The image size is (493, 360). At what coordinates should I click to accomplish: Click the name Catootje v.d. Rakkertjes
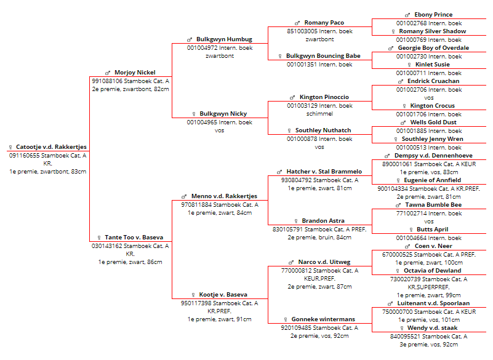click(51, 147)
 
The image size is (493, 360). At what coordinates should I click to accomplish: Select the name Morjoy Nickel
click(135, 73)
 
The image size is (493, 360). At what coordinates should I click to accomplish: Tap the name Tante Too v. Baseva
click(134, 238)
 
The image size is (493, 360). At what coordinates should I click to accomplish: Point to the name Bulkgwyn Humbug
click(224, 39)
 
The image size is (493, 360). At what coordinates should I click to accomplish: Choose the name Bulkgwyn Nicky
click(223, 114)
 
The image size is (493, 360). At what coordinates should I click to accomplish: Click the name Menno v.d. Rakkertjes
click(224, 196)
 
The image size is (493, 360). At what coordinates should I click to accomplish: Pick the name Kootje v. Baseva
click(223, 295)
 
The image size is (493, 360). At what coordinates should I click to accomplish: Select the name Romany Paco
click(324, 23)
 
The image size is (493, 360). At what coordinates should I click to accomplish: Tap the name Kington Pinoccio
click(324, 97)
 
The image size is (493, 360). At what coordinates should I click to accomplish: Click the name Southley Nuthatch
click(323, 130)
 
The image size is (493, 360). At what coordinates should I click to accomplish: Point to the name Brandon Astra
click(323, 221)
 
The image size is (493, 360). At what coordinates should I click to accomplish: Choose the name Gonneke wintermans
click(323, 319)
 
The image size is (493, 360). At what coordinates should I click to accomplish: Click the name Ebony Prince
click(433, 15)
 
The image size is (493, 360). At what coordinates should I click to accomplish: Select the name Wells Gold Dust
click(433, 122)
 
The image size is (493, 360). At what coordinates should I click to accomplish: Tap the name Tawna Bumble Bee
click(433, 205)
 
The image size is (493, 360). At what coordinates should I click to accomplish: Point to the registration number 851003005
click(302, 31)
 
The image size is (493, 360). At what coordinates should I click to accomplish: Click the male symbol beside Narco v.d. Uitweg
click(291, 262)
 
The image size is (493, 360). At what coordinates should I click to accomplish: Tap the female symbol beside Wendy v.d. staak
click(401, 328)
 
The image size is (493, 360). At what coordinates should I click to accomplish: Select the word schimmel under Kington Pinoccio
click(319, 114)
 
